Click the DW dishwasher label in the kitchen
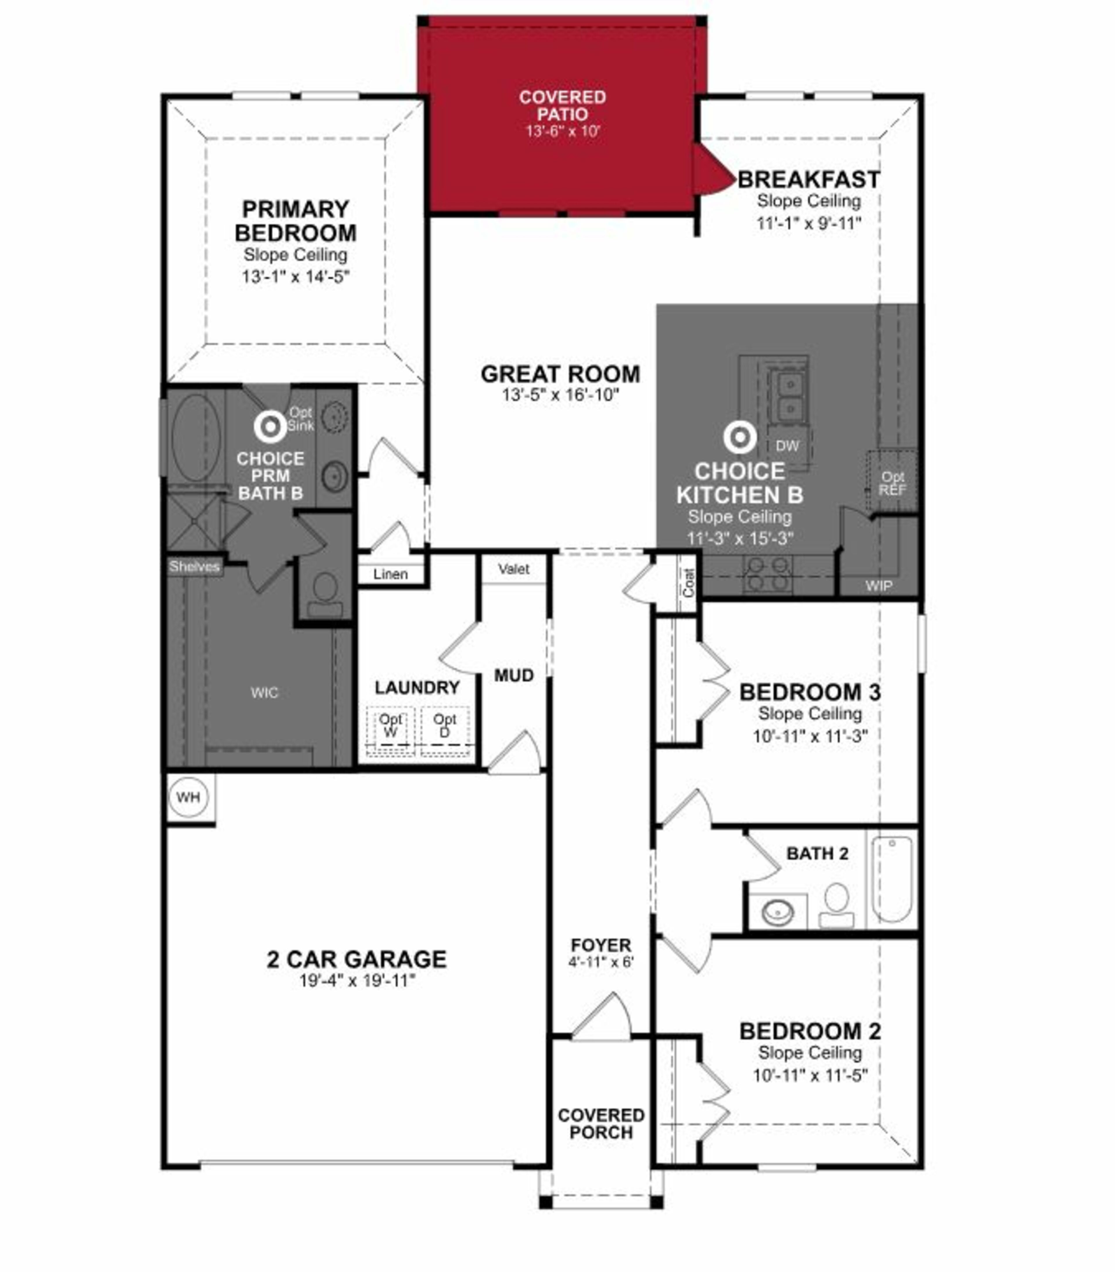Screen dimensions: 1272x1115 [x=787, y=446]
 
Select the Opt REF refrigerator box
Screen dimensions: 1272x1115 [x=892, y=483]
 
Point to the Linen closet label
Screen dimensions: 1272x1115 [x=391, y=574]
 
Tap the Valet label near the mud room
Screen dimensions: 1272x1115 [x=513, y=569]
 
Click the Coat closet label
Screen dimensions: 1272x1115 [x=689, y=583]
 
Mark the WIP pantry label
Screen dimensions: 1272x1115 [x=878, y=586]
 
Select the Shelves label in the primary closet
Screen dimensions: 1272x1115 [x=194, y=566]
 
